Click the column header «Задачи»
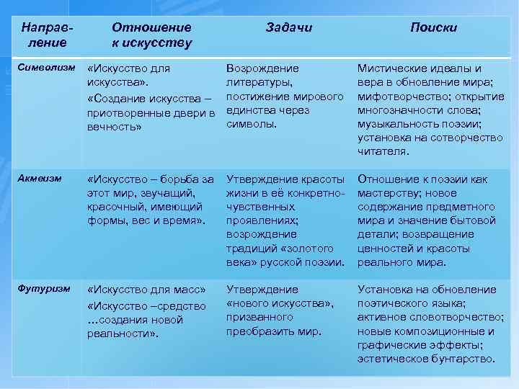[288, 27]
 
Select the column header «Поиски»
[433, 27]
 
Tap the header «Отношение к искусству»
[151, 35]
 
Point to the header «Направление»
[46, 35]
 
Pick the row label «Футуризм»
[43, 289]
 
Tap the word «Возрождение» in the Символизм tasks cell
[262, 68]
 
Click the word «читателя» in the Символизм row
[383, 151]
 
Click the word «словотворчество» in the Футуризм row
[456, 317]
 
